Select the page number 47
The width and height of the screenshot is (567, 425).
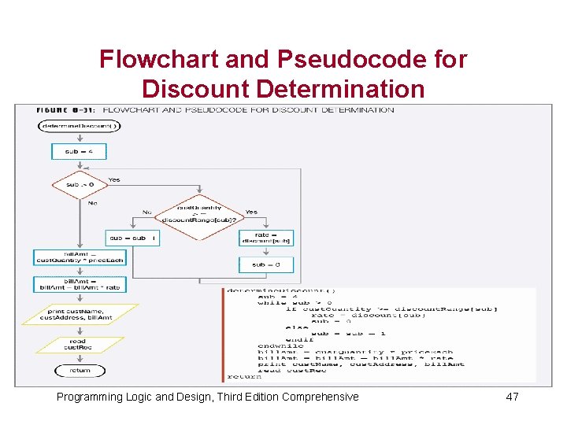(512, 397)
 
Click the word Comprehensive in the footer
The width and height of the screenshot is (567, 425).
(321, 397)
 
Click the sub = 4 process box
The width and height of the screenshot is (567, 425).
(78, 150)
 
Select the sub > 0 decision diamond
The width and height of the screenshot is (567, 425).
(78, 185)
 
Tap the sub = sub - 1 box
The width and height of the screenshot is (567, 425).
(132, 237)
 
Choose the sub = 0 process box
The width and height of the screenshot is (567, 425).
(266, 264)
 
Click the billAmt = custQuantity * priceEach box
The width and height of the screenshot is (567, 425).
(80, 257)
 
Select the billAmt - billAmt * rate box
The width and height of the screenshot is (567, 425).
(80, 284)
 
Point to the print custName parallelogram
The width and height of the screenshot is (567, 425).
(80, 315)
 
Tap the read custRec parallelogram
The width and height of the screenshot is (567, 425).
(80, 344)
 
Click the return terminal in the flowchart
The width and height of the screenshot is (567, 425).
(80, 370)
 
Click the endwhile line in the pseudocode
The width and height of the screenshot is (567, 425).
(280, 346)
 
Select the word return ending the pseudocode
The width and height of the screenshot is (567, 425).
(244, 376)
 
